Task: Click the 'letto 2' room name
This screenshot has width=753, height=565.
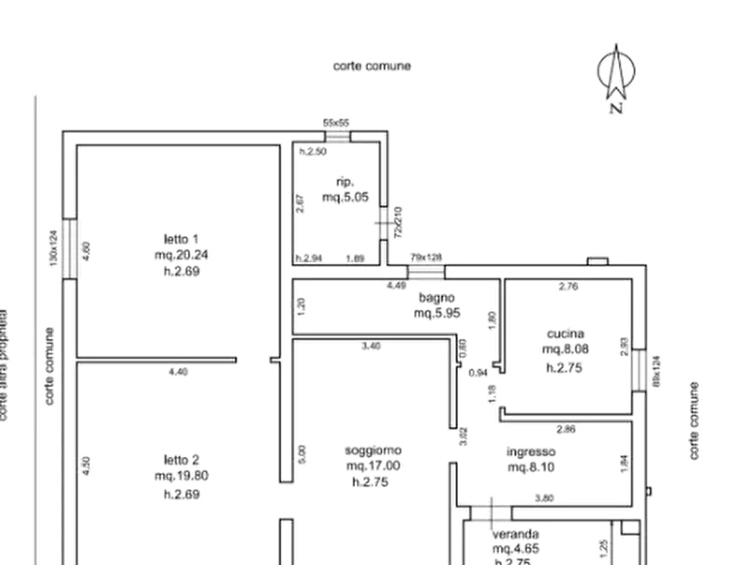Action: pyautogui.click(x=180, y=460)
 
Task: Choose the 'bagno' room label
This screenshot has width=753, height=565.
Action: pyautogui.click(x=437, y=298)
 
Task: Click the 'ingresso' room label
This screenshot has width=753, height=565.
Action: pyautogui.click(x=529, y=451)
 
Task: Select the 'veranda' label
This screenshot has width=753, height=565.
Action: pyautogui.click(x=517, y=534)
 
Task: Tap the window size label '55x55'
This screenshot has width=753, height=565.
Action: pyautogui.click(x=336, y=122)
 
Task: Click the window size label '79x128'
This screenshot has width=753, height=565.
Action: pyautogui.click(x=427, y=256)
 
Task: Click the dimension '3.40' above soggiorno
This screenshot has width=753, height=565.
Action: pyautogui.click(x=370, y=346)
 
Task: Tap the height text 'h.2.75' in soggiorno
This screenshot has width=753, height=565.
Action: pyautogui.click(x=369, y=482)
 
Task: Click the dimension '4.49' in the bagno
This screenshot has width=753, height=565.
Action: pyautogui.click(x=395, y=286)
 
